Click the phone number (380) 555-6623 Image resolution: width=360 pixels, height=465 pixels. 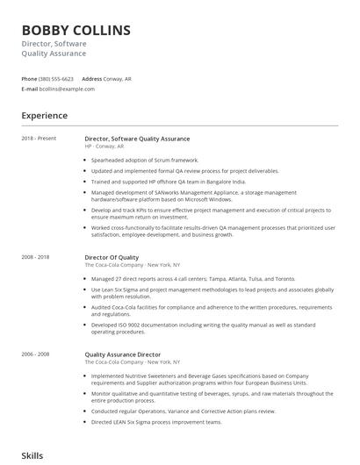(x=57, y=78)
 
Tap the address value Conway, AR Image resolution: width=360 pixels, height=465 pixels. (x=119, y=78)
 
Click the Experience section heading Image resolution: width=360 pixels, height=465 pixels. (x=45, y=115)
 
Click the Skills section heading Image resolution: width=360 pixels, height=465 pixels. (x=32, y=456)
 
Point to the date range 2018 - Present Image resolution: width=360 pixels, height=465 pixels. (x=38, y=139)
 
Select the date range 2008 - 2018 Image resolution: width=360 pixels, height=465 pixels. (x=36, y=257)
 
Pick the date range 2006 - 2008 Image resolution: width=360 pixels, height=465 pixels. (x=36, y=354)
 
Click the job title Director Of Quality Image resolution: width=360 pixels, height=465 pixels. (x=112, y=257)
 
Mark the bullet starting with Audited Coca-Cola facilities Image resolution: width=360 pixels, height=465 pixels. (x=211, y=311)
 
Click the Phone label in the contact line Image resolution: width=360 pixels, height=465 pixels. (x=29, y=78)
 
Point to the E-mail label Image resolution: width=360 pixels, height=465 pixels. (x=29, y=89)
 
